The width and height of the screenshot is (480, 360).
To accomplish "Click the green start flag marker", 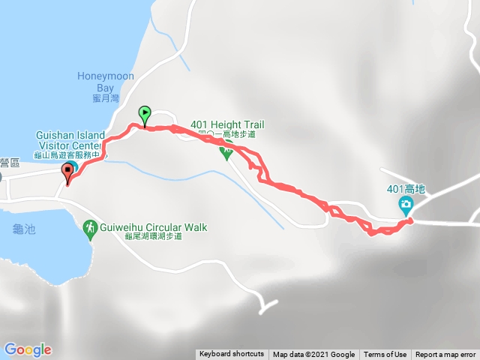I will [145, 115].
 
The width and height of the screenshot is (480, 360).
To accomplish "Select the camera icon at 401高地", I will [405, 205].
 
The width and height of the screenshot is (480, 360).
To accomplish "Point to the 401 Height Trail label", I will [228, 124].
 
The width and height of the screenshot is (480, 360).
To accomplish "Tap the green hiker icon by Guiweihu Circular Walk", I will [90, 226].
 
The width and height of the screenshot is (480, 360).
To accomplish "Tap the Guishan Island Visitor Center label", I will [69, 140].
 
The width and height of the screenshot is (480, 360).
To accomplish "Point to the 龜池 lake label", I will [21, 228].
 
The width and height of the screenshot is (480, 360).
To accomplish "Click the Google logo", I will [28, 349].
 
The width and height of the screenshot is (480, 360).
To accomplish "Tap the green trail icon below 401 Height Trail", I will [226, 151].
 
